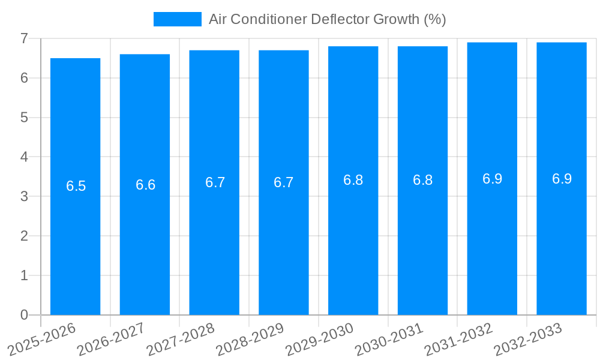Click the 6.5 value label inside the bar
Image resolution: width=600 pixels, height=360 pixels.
click(x=76, y=186)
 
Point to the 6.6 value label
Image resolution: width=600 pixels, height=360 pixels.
click(x=145, y=185)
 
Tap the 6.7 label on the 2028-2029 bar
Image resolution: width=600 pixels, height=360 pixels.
click(x=283, y=182)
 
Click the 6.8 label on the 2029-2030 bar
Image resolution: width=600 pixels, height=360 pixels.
click(x=353, y=180)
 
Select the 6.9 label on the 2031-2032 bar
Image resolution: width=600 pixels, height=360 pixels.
click(x=492, y=179)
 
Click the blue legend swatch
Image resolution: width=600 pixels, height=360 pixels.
click(x=177, y=19)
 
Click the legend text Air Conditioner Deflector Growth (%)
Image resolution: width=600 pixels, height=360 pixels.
click(x=327, y=19)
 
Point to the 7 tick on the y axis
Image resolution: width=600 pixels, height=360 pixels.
click(x=24, y=38)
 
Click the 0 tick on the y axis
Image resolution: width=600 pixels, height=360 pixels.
click(x=24, y=315)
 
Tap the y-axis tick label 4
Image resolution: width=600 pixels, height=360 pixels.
click(x=24, y=157)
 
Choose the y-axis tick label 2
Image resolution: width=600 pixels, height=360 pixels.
click(x=24, y=236)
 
